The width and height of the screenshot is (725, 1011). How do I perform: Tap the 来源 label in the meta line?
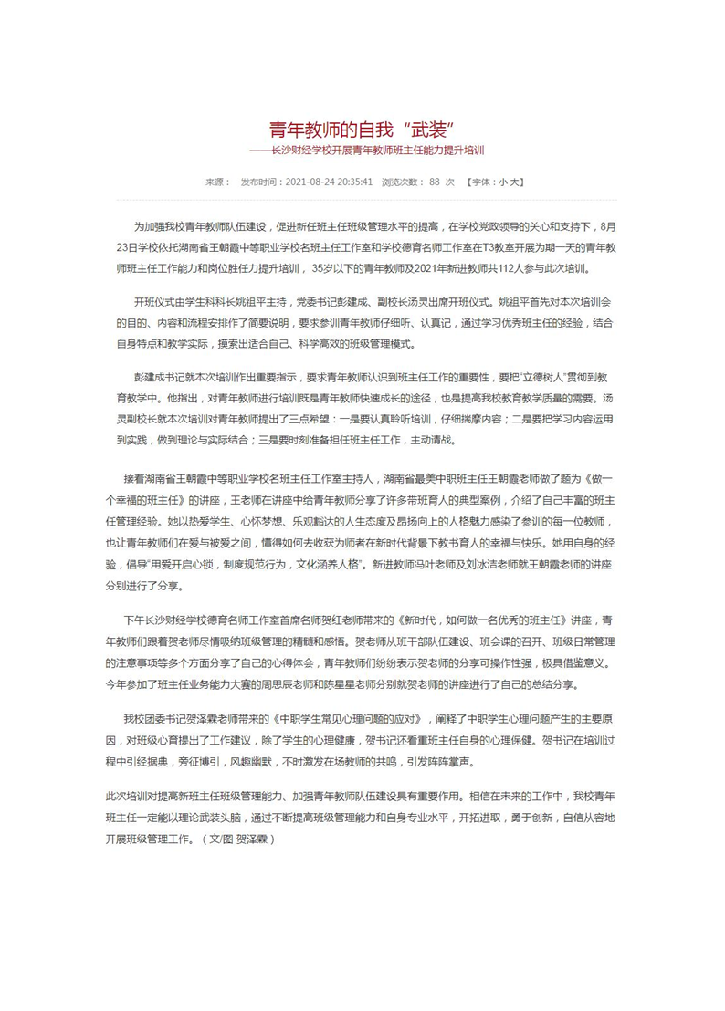coord(215,182)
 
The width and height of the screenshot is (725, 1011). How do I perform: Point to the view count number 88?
coord(435,182)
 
